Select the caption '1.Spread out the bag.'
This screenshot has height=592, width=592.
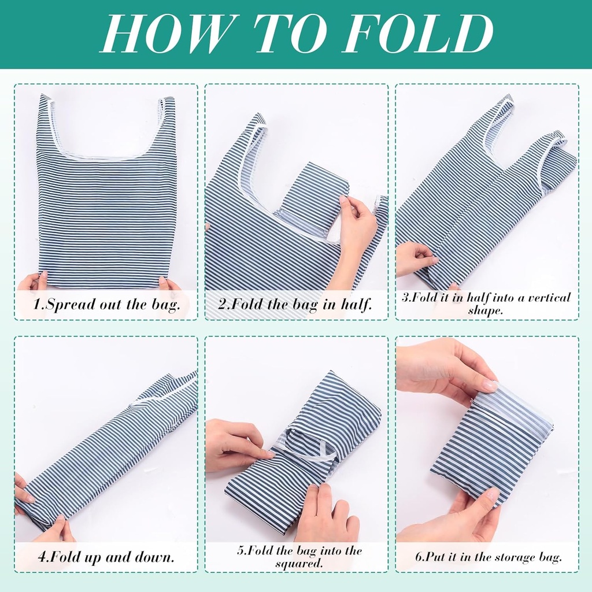tap(106, 304)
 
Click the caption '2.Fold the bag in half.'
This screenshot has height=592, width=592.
tap(295, 304)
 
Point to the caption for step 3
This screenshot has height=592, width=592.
tap(486, 304)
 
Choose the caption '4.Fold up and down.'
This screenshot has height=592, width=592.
tap(106, 557)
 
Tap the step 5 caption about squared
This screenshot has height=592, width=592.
tap(299, 557)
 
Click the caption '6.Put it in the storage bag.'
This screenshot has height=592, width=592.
tap(489, 557)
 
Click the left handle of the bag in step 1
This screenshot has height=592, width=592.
tap(47, 117)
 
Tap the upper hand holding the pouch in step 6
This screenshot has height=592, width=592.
tap(446, 370)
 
